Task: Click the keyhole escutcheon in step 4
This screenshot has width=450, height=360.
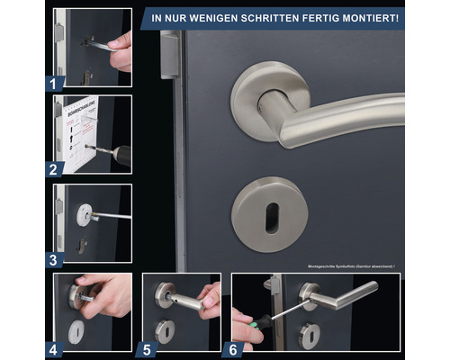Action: (78, 329)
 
